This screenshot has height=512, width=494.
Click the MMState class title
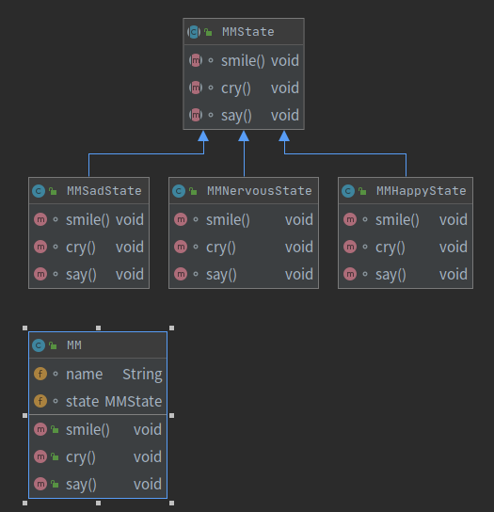[247, 32]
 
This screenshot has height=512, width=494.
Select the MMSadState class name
[104, 191]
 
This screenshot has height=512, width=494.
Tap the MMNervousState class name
[260, 191]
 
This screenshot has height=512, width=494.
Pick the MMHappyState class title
[422, 191]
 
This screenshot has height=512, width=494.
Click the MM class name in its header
[74, 345]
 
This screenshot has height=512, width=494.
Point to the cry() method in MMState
[236, 88]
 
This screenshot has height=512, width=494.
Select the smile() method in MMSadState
[88, 219]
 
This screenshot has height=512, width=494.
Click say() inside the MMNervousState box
[221, 275]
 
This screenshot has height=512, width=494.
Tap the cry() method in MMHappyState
[390, 248]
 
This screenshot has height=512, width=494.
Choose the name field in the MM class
[85, 375]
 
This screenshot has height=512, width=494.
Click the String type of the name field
[142, 375]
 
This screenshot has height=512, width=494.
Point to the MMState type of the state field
[134, 401]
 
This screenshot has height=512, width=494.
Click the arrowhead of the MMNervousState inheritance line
[244, 136]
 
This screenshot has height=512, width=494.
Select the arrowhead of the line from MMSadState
[203, 136]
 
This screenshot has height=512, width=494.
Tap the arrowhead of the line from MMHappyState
[284, 136]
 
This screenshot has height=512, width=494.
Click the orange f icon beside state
[40, 401]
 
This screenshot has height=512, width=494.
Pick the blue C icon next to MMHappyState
[348, 191]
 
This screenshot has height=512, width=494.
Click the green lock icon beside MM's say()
[55, 485]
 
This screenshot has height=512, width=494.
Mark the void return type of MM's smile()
[147, 430]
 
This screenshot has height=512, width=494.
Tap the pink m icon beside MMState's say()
[196, 115]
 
